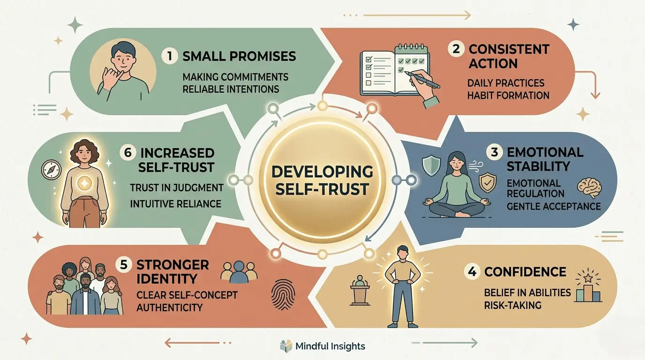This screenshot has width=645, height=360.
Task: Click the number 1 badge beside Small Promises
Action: point(170,55)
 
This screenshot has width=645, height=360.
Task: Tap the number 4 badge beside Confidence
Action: point(472,271)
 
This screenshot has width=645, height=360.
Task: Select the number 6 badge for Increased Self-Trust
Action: point(127,152)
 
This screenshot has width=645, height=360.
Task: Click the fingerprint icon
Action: point(283,294)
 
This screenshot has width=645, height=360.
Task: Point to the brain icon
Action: point(589,188)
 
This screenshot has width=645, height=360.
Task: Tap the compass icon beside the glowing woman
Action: point(51,170)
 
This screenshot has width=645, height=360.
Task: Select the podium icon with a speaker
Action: point(360,290)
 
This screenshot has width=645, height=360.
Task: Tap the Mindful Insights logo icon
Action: point(286,346)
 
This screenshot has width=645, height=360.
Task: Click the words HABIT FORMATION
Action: point(508,95)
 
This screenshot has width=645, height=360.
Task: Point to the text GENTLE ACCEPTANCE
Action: point(554,206)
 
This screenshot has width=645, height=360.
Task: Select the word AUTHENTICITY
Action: point(169,307)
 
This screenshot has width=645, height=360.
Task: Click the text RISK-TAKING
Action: point(512,305)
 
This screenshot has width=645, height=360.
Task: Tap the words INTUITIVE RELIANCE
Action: point(175,203)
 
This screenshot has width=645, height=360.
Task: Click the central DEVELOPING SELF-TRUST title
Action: point(322,180)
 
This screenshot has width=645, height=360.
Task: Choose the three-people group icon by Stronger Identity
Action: point(239,271)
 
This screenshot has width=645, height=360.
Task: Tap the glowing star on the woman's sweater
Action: point(85,183)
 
